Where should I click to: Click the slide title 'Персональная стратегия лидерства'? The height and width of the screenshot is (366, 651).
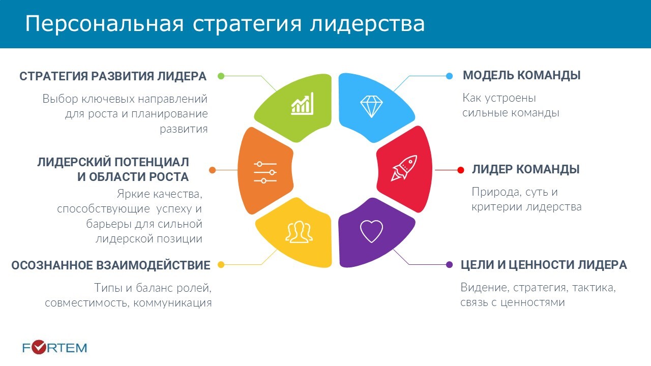coord(225,24)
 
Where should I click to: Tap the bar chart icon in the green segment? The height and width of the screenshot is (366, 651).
coord(302,104)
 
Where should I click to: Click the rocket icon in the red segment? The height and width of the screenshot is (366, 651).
coord(404,168)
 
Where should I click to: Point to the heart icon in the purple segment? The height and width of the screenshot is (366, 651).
coord(371,231)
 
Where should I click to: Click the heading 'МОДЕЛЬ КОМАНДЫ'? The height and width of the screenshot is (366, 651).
coord(521,76)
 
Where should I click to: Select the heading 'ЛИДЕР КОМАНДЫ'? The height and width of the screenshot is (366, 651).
coord(525,170)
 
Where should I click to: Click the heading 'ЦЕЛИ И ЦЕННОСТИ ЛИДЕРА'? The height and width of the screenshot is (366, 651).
coord(544,265)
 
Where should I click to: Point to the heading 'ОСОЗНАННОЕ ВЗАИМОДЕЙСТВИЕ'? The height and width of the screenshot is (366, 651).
coord(111,265)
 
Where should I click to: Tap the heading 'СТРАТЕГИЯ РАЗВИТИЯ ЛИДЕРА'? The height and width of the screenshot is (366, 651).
coord(113,76)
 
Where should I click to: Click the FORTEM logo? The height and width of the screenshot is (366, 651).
coord(54,348)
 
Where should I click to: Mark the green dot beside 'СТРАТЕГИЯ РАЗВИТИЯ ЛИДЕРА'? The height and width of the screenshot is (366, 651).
coord(221,76)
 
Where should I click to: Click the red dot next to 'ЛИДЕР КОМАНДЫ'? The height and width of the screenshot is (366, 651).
coord(461,170)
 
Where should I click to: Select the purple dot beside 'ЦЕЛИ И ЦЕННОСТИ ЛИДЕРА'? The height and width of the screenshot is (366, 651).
coord(450,265)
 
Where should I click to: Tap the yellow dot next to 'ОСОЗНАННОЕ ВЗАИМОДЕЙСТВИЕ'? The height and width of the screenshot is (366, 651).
coord(221,265)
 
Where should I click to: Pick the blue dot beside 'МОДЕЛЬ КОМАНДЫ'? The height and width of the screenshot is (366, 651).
coord(449,76)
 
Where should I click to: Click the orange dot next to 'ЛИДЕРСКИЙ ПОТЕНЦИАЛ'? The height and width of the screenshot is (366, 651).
coord(212,170)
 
